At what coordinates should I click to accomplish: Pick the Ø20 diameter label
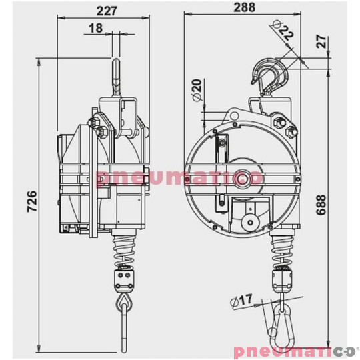point(196,89)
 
